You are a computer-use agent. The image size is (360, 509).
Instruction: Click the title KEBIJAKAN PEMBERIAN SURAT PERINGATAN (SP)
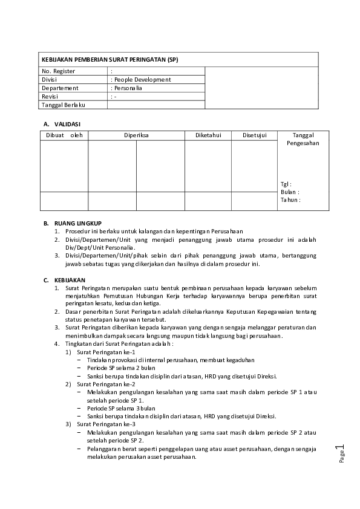click(x=110, y=60)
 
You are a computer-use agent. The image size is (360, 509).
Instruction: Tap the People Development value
click(x=142, y=80)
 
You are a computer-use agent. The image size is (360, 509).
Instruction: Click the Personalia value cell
click(x=127, y=88)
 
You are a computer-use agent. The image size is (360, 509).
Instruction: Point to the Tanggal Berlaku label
click(x=63, y=105)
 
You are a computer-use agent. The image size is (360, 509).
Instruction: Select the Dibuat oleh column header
click(x=64, y=135)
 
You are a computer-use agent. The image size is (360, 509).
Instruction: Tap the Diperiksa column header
click(x=136, y=135)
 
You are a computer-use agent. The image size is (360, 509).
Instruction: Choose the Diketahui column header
click(x=208, y=135)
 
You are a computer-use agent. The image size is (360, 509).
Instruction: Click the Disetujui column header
click(x=254, y=135)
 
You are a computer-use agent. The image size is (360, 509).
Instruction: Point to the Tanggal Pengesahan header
click(x=303, y=139)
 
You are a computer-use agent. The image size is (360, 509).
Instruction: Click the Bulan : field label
click(x=290, y=192)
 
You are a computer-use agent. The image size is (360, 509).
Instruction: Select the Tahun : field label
click(x=290, y=199)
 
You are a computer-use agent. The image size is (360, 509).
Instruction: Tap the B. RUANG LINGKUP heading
click(x=72, y=223)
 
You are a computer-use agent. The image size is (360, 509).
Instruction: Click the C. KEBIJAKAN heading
click(x=64, y=280)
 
